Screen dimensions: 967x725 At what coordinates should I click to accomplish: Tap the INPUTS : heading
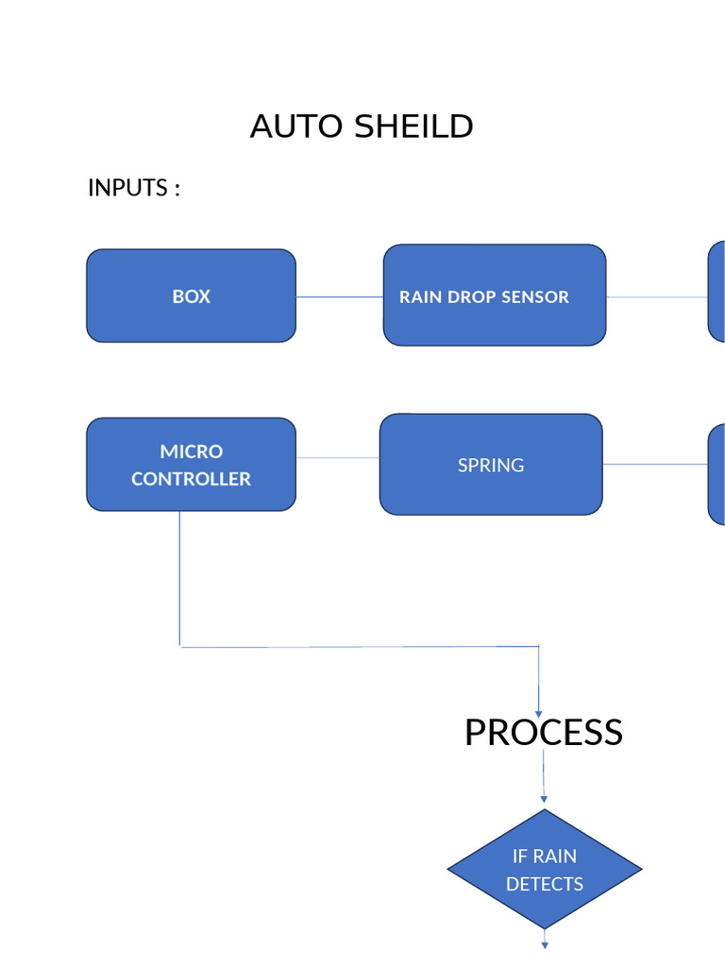click(134, 188)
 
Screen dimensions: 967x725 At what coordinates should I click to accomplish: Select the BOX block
click(191, 296)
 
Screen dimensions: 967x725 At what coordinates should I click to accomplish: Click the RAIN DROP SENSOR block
click(494, 296)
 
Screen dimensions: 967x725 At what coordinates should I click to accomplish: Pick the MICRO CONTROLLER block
click(191, 465)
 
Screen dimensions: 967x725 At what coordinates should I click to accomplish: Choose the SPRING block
click(491, 465)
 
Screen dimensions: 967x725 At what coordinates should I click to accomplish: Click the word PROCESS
click(543, 733)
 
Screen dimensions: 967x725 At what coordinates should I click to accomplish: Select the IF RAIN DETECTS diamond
click(545, 869)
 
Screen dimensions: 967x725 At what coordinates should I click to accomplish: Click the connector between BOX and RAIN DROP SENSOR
click(340, 297)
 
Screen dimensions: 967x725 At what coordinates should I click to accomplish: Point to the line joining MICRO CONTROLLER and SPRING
click(338, 458)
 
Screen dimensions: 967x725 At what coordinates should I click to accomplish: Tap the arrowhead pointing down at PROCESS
click(538, 713)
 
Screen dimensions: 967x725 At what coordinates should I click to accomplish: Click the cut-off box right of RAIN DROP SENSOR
click(717, 291)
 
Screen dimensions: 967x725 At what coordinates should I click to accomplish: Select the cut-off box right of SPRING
click(717, 474)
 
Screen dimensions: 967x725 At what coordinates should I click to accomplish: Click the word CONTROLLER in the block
click(191, 479)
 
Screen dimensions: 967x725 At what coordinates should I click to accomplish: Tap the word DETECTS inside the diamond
click(545, 884)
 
